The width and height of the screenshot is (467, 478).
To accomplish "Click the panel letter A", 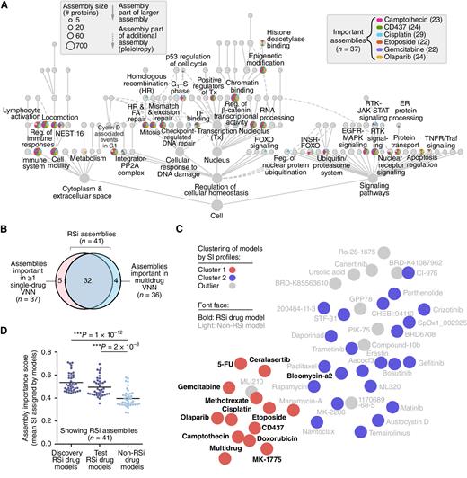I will tap(6, 6).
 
